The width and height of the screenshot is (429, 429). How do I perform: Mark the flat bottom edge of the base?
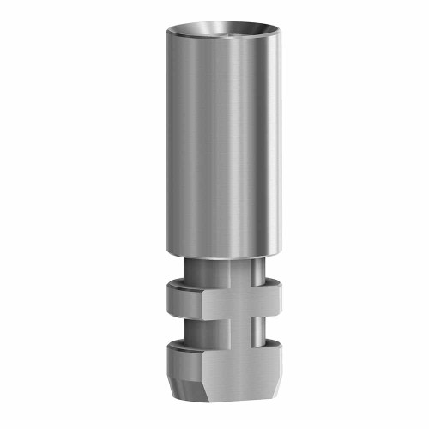[225, 398]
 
